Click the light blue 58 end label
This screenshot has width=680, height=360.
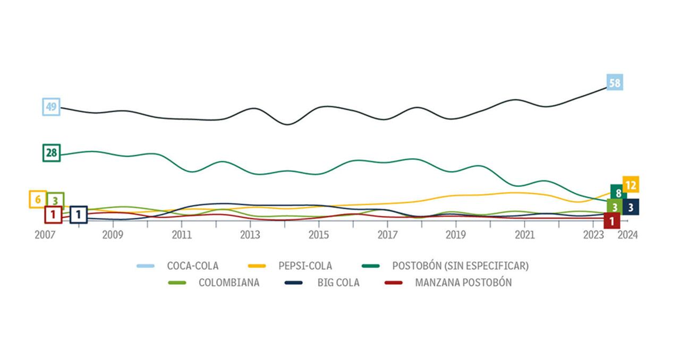coord(615,82)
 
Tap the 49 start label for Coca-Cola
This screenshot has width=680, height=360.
coord(51,107)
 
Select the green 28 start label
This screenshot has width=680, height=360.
coord(52,153)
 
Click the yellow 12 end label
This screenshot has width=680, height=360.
coord(631,185)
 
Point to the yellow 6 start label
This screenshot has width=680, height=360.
coord(38,200)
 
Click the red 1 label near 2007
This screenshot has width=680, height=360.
coord(53,215)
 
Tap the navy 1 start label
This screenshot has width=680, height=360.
coord(79,215)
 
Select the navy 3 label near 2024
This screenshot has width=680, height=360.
coord(631,207)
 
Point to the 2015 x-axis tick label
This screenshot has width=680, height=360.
coord(319,235)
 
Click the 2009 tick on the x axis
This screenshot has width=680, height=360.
coord(113,235)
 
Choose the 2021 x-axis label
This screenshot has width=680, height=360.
coord(525,235)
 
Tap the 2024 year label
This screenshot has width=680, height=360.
coord(627,235)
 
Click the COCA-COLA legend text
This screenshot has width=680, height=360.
coord(192,265)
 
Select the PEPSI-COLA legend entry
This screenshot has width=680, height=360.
coord(305,265)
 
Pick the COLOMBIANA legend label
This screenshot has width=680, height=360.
coord(229,282)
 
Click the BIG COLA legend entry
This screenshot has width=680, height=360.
coord(338,282)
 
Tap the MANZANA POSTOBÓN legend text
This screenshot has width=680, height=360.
coord(463,282)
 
